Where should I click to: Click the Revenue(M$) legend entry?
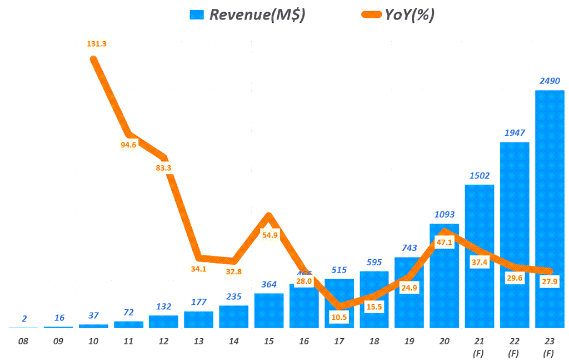247,15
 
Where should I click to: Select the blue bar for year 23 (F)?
550,209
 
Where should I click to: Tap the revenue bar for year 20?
444,275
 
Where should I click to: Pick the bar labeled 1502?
480,256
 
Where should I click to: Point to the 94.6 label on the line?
128,146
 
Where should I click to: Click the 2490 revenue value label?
550,81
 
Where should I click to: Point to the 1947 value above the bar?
515,133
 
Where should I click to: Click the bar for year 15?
269,310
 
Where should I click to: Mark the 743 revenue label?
410,248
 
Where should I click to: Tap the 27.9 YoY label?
550,282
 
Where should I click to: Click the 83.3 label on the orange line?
163,167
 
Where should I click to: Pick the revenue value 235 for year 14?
233,296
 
